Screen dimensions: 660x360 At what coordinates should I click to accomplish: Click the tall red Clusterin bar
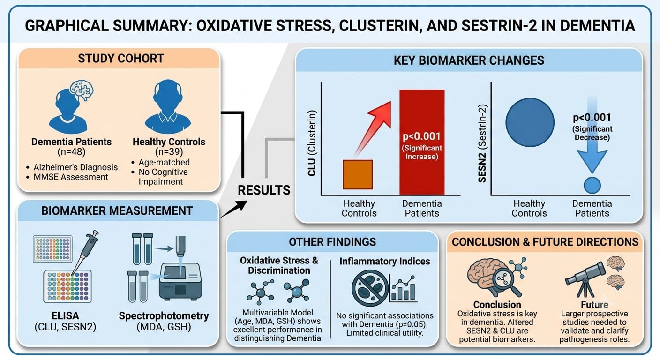click(422, 142)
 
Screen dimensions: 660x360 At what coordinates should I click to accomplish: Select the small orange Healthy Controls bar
click(358, 174)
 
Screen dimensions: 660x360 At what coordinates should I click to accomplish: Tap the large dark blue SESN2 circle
click(530, 122)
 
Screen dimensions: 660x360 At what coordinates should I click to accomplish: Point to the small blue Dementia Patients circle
click(592, 185)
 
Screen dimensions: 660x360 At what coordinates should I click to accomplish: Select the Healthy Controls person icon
click(168, 106)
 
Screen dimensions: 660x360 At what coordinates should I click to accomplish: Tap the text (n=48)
click(71, 152)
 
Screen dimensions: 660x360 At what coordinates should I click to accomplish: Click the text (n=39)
click(169, 152)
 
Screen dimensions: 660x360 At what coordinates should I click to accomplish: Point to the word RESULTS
click(264, 190)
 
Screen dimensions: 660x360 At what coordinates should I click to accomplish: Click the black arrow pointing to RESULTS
click(233, 209)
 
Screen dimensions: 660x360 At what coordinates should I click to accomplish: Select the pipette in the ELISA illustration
click(85, 252)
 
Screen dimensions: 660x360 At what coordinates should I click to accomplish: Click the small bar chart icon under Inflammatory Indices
click(404, 289)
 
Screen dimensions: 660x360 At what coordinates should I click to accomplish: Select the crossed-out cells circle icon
click(370, 288)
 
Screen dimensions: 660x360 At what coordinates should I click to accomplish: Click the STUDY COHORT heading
click(121, 58)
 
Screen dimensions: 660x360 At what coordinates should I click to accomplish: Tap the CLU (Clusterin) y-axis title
click(312, 143)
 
